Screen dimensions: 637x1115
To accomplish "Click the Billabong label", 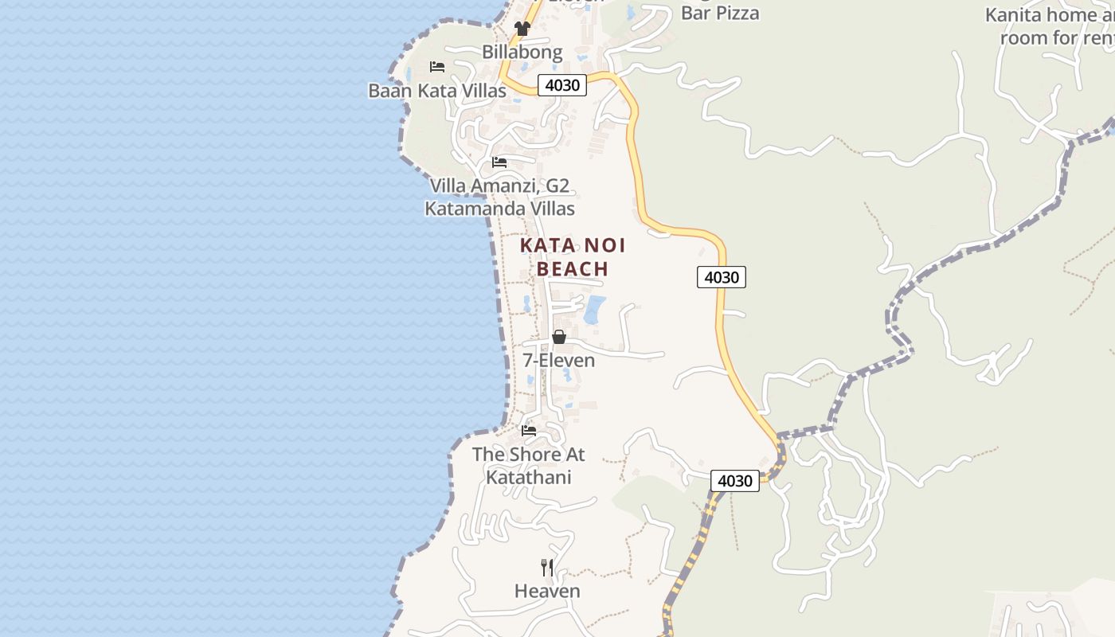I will coord(522,53).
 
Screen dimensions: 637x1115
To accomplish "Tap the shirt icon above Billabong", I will coord(522,29).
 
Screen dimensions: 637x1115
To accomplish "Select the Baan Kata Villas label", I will coord(437,91).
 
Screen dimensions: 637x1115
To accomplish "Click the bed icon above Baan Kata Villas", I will coord(437,67).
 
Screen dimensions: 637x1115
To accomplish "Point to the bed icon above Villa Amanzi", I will coord(499,162).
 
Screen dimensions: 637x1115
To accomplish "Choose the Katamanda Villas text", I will coord(499,209).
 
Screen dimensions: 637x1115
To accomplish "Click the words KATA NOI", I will coord(573,245).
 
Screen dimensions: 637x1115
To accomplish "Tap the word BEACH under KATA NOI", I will coord(573,269).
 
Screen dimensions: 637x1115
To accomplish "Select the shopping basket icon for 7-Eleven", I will coord(559,337).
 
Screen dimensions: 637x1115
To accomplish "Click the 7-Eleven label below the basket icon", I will coord(559,361).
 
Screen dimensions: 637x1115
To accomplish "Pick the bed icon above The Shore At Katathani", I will coord(529,431).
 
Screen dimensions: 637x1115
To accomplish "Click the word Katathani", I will coord(529,478).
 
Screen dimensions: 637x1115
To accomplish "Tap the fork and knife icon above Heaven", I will coord(547,567).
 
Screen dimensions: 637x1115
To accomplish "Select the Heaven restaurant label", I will coord(547,592).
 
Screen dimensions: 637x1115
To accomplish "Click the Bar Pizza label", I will coord(720,13).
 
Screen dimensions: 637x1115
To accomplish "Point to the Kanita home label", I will coord(1041,15).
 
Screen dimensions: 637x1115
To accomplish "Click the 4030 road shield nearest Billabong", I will coord(562,85).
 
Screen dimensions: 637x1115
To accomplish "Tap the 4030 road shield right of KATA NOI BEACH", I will coord(722,277).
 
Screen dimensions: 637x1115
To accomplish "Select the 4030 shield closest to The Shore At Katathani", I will coord(734,481).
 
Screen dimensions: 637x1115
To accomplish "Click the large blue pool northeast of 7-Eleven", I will coord(595,310).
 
